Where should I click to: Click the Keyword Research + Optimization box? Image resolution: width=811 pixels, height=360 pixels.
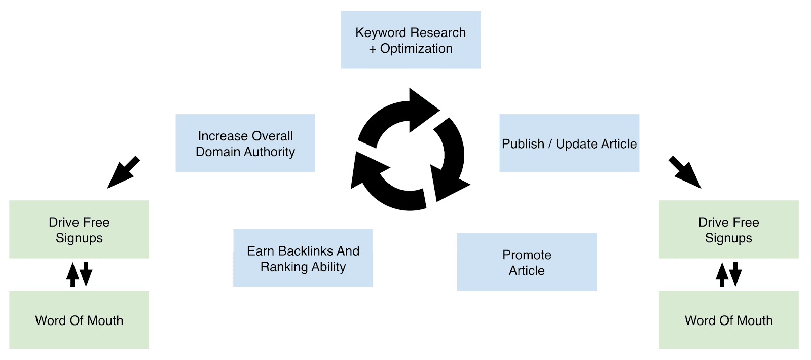(x=411, y=40)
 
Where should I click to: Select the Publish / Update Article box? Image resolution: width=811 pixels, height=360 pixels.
(x=569, y=143)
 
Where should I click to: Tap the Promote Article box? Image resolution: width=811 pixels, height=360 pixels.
(x=527, y=262)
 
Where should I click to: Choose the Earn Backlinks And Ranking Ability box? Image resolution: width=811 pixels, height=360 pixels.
(x=303, y=258)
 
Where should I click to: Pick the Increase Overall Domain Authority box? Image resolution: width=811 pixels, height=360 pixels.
(x=245, y=143)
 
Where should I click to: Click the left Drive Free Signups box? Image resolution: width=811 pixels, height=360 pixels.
(x=79, y=229)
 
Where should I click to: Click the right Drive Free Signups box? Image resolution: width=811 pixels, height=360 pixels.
(x=729, y=229)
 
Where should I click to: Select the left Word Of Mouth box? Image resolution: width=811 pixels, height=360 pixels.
(x=79, y=320)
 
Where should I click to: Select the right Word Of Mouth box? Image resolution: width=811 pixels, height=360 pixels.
(x=729, y=320)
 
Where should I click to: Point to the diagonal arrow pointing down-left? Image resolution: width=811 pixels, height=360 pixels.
(x=124, y=172)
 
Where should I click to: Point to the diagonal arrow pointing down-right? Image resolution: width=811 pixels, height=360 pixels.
(x=685, y=172)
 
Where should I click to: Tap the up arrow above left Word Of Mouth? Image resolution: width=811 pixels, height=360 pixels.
(x=72, y=274)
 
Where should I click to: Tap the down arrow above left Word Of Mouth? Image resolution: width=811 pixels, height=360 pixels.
(x=86, y=274)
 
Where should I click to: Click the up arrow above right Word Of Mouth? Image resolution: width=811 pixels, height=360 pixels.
(x=722, y=274)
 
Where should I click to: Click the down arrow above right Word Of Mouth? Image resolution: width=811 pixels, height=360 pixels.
(x=735, y=274)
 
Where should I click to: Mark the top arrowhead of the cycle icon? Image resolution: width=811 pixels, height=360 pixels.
(x=424, y=110)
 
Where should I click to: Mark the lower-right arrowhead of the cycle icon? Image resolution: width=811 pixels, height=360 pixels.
(x=449, y=183)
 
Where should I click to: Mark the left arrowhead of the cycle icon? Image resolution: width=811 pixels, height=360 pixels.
(x=367, y=170)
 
